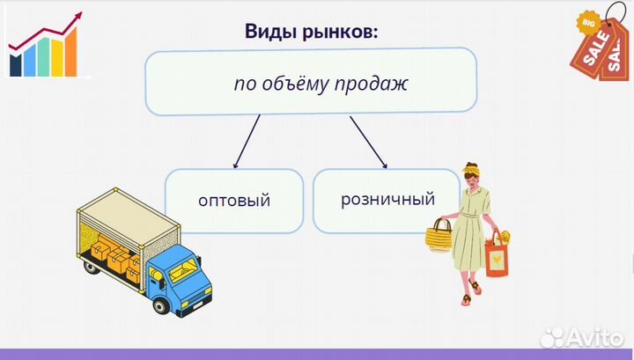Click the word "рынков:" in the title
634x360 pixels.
pos(339,33)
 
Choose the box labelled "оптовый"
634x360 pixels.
pos(234,200)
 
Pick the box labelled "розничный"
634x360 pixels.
pos(386,199)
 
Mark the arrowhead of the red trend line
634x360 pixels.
pos(78,15)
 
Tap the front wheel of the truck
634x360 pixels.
pos(161,305)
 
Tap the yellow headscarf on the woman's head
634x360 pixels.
pos(473,166)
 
